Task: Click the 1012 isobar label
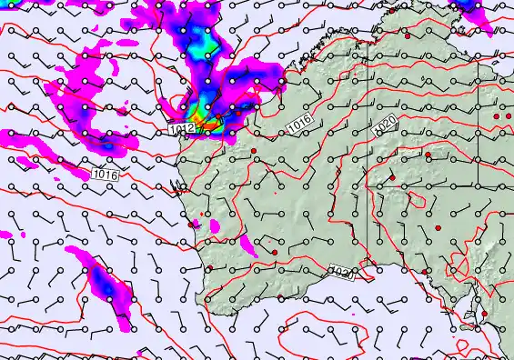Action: click(180, 130)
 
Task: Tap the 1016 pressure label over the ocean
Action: click(106, 173)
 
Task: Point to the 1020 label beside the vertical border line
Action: click(385, 122)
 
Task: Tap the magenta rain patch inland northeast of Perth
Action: click(246, 243)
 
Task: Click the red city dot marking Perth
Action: click(192, 224)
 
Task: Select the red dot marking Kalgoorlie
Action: click(274, 252)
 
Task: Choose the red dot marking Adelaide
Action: click(484, 315)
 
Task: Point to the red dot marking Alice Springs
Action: click(428, 155)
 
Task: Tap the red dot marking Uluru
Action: click(392, 177)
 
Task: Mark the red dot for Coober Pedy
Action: click(438, 226)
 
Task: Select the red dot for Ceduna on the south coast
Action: click(424, 271)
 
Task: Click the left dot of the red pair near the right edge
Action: click(497, 117)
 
